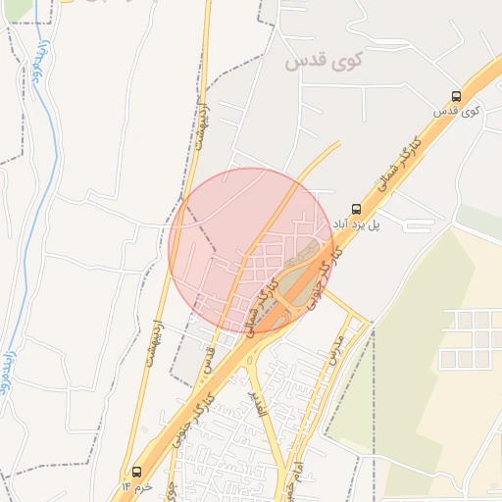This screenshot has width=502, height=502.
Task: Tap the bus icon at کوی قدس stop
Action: (x=457, y=96)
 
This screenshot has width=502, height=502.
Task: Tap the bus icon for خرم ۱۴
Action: (x=135, y=471)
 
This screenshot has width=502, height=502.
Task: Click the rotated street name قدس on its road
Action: (x=209, y=361)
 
